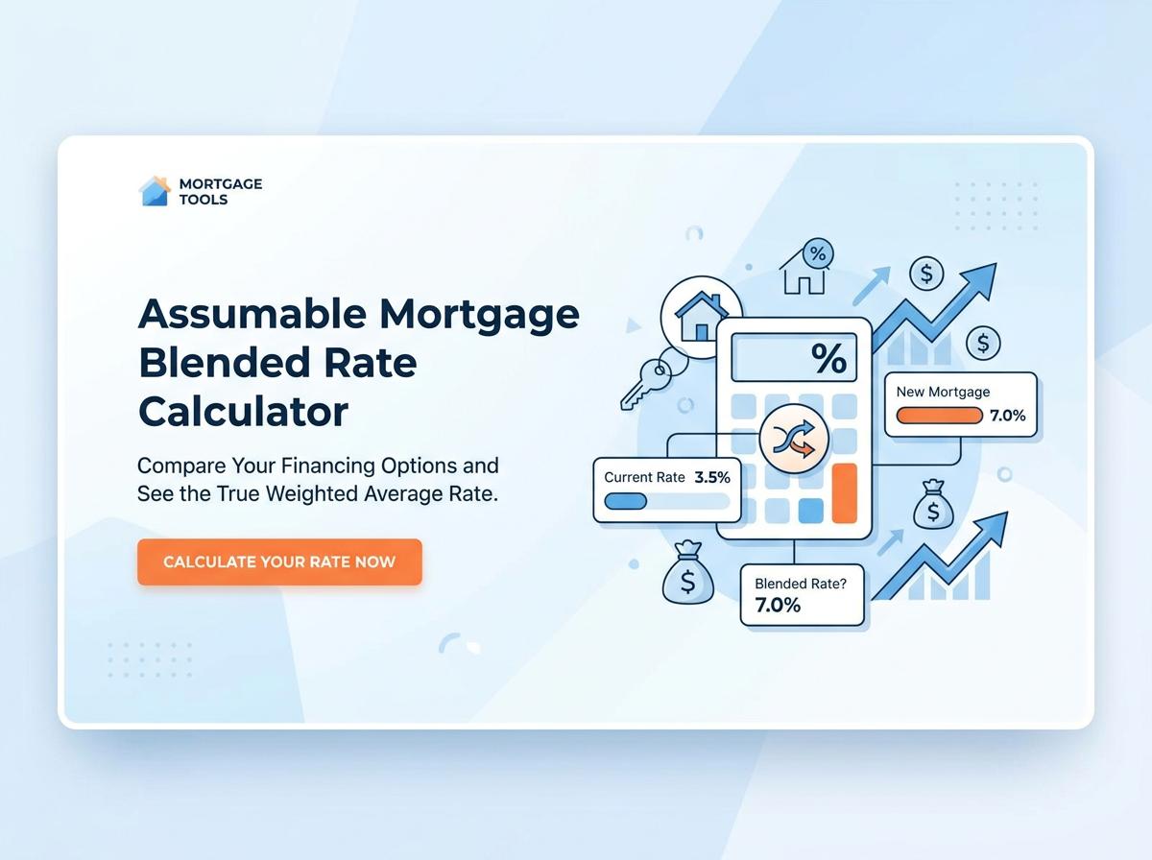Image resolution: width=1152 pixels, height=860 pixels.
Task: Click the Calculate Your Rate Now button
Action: pyautogui.click(x=279, y=561)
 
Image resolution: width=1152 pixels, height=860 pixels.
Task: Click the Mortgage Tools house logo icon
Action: pyautogui.click(x=155, y=191)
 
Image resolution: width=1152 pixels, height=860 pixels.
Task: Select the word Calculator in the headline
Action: pyautogui.click(x=243, y=412)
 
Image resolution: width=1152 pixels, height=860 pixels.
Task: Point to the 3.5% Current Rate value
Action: pyautogui.click(x=712, y=477)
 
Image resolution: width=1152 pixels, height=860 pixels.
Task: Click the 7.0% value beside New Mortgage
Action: pyautogui.click(x=1008, y=416)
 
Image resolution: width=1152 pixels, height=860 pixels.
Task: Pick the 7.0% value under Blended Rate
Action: pyautogui.click(x=778, y=605)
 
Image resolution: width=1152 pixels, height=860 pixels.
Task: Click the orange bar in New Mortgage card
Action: pyautogui.click(x=939, y=416)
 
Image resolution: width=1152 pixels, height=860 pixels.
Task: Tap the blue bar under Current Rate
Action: pyautogui.click(x=626, y=501)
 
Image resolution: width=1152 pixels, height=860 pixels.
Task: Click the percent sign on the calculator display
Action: pyautogui.click(x=828, y=358)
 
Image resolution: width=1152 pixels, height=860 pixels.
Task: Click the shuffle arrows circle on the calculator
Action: pyautogui.click(x=794, y=439)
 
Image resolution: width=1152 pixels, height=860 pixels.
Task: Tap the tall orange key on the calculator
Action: pyautogui.click(x=845, y=493)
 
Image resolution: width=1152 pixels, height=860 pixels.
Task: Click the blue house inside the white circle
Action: pyautogui.click(x=701, y=317)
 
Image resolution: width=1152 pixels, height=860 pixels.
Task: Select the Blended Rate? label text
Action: pyautogui.click(x=801, y=584)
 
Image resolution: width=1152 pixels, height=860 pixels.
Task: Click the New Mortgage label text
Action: pyautogui.click(x=943, y=392)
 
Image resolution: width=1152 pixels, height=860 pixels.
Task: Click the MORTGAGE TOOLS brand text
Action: pyautogui.click(x=221, y=192)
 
